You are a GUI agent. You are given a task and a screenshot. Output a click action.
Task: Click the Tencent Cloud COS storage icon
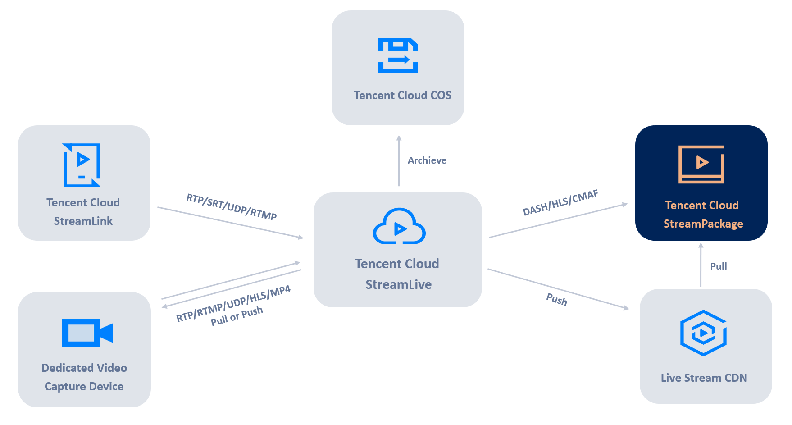[398, 55]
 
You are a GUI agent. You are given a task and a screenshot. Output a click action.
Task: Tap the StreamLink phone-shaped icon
[82, 165]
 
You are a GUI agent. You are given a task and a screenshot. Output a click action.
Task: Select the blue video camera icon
[87, 333]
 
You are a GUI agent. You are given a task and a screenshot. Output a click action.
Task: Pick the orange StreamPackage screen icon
[701, 164]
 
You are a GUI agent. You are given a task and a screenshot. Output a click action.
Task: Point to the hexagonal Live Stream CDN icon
[703, 333]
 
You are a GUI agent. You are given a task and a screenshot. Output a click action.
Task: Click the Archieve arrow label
[427, 160]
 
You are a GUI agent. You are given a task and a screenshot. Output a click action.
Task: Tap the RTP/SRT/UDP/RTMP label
[232, 206]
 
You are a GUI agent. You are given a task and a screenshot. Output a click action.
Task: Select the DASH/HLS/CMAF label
[560, 203]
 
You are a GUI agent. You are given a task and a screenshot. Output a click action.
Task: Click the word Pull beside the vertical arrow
[718, 266]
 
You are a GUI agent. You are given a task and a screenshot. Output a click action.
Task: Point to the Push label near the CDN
[556, 300]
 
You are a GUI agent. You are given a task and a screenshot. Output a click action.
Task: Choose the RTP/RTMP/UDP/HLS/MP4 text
[233, 304]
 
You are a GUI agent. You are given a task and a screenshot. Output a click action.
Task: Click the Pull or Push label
[237, 316]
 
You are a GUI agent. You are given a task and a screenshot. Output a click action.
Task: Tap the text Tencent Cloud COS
[402, 96]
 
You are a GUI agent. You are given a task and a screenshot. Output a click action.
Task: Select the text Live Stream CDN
[704, 378]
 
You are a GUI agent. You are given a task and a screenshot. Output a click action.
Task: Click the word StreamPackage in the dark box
[703, 224]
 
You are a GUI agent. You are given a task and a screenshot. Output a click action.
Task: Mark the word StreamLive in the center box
[398, 284]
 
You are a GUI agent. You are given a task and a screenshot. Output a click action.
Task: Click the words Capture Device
[84, 386]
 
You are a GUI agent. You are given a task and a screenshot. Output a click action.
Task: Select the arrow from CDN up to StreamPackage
[701, 265]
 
